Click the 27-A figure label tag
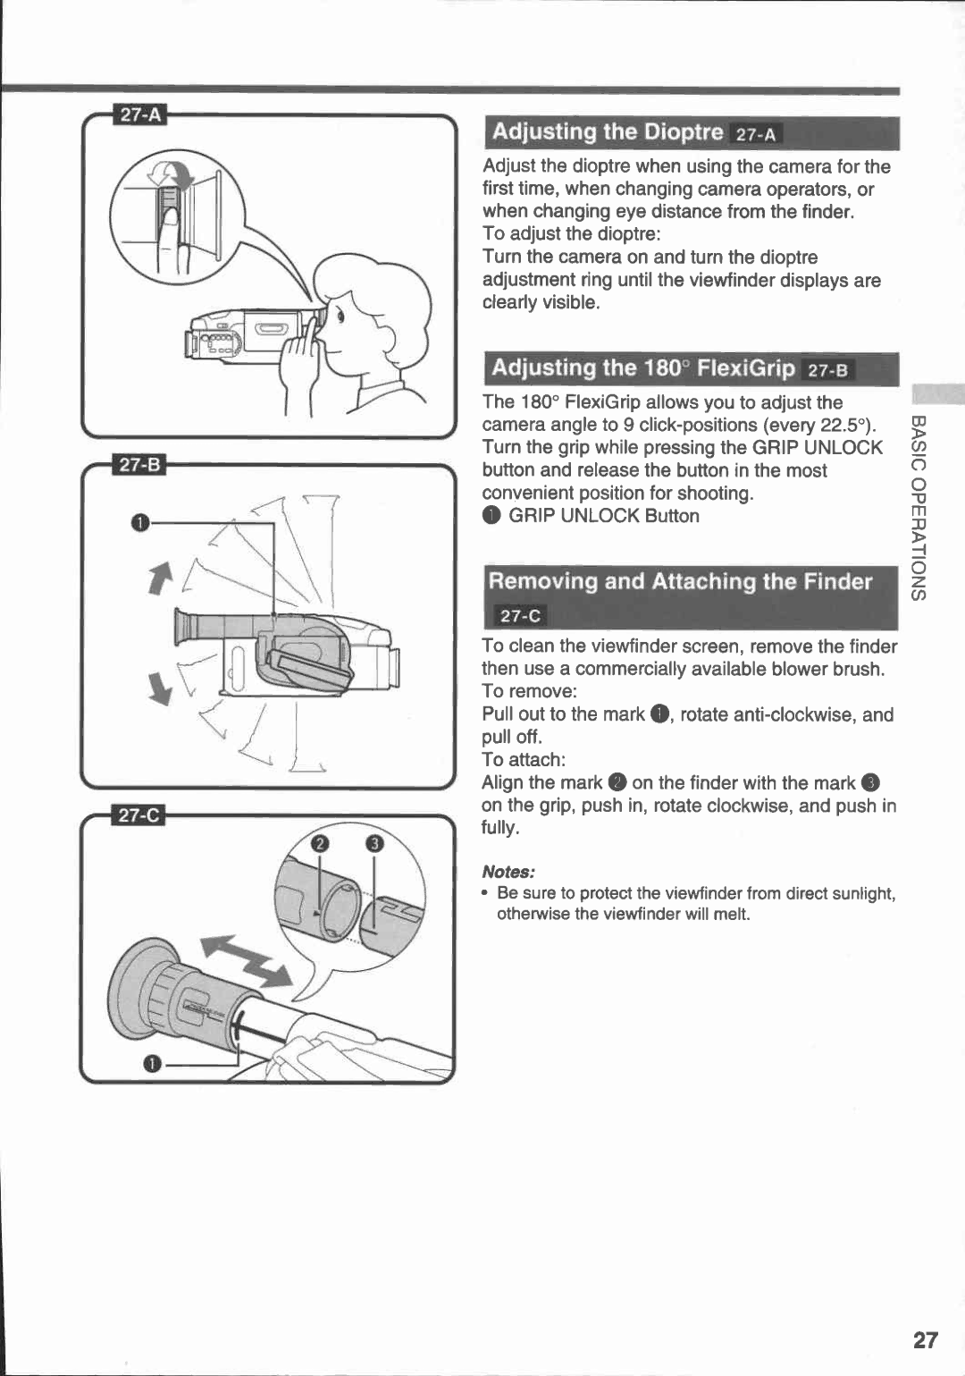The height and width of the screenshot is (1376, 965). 141,114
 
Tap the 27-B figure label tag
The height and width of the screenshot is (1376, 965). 141,465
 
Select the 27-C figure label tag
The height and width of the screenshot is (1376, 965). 141,815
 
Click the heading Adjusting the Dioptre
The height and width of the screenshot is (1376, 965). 607,132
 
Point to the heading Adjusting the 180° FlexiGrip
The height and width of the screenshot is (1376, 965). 642,368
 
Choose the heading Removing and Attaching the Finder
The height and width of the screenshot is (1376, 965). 680,582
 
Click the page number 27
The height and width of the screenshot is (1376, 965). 926,1339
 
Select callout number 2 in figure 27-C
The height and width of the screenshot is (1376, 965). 318,844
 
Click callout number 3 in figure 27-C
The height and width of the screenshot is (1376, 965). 374,844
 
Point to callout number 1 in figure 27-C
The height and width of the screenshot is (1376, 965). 153,1063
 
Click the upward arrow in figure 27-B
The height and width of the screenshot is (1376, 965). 161,577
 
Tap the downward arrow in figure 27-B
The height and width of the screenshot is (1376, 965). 160,688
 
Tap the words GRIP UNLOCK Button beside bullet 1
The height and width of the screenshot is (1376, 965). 604,516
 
